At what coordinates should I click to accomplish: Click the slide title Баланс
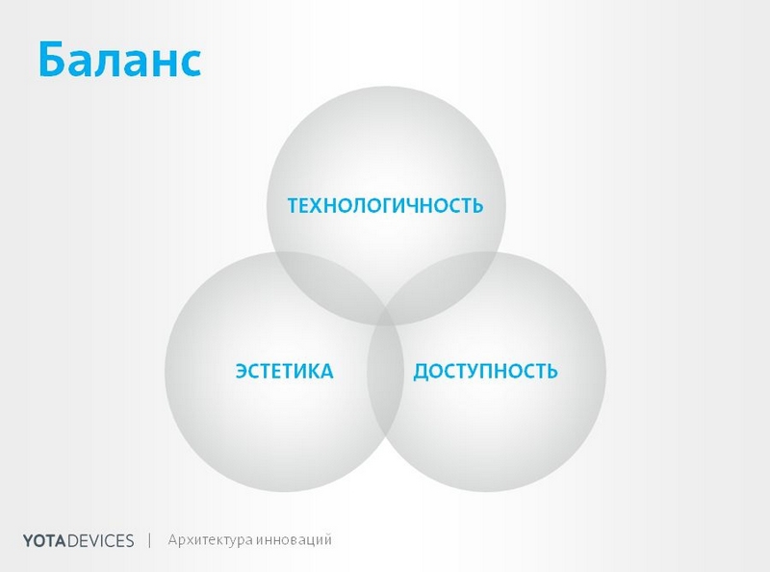click(119, 60)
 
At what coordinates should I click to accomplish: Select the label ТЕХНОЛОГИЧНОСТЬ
click(385, 207)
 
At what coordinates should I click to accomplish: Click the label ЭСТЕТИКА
click(284, 372)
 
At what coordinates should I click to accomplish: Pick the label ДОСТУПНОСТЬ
click(486, 372)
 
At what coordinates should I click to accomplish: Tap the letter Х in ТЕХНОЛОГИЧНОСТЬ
click(321, 207)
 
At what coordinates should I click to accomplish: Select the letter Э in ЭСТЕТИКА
click(242, 372)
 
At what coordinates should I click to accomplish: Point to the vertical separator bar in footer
click(150, 539)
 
